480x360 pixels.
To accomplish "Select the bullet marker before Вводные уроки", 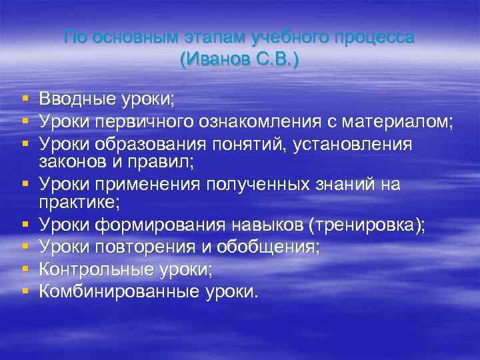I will click(x=25, y=99).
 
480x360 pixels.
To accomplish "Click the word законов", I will click(x=71, y=161).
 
